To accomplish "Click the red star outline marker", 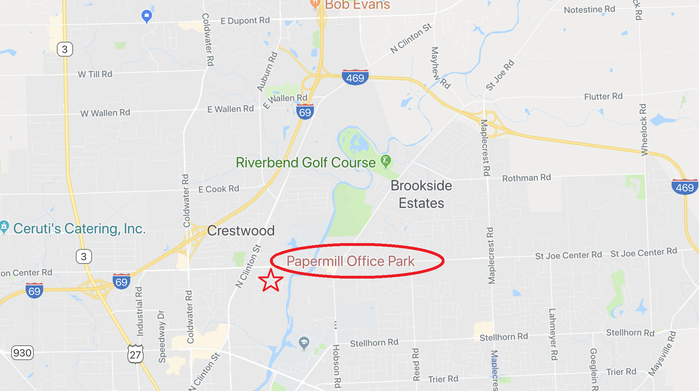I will coord(271,280).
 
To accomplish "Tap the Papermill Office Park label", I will coord(350,261).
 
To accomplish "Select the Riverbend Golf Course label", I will coord(305,163).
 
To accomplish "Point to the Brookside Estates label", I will coord(421,194).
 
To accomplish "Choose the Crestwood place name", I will coord(241,231).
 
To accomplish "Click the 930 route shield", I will coord(22,353).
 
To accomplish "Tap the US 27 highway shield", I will coord(136,354).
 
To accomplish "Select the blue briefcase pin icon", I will coord(146,16).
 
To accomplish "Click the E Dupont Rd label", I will coord(245,21).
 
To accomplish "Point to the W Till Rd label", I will coord(95,74).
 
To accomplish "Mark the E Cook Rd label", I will coord(218,189).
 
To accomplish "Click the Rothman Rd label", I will coord(526,178).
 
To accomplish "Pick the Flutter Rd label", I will coord(603,96).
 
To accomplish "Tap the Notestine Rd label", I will coord(589,9).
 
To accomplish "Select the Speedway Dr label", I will coord(161,336).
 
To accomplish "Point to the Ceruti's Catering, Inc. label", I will coord(79,229).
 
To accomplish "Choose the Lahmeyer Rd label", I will coord(553,334).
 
